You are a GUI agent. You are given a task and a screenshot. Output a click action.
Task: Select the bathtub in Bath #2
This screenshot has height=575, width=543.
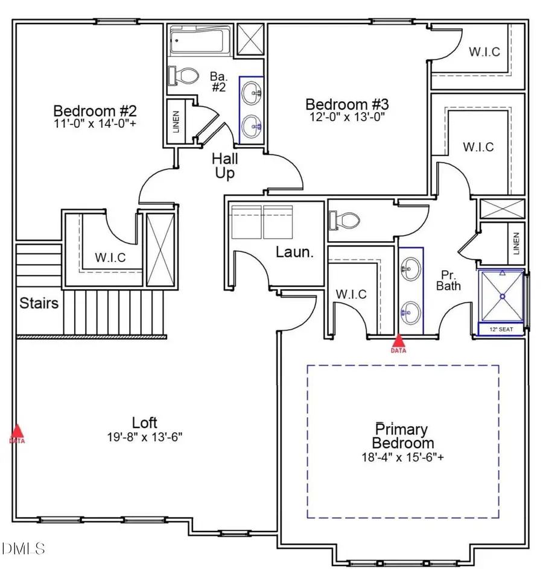[199, 41]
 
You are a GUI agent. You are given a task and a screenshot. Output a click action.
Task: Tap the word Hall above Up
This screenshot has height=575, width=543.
[224, 160]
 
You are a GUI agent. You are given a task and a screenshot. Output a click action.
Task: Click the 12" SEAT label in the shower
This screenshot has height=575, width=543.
[501, 329]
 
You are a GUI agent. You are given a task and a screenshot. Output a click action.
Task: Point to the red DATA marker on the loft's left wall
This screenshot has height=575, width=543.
[17, 432]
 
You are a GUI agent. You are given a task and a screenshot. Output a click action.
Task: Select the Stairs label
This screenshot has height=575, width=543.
[39, 302]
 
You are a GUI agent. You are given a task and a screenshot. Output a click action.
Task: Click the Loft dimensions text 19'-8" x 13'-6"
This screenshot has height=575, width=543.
[145, 435]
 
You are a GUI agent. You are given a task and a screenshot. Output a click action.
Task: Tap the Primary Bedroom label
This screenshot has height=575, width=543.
[402, 436]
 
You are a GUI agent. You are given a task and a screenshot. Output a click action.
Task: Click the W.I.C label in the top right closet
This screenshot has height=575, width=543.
[484, 52]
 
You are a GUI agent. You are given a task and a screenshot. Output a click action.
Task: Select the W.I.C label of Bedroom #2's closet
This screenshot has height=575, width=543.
[110, 257]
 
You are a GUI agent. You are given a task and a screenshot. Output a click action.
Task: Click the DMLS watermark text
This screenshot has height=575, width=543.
[24, 548]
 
